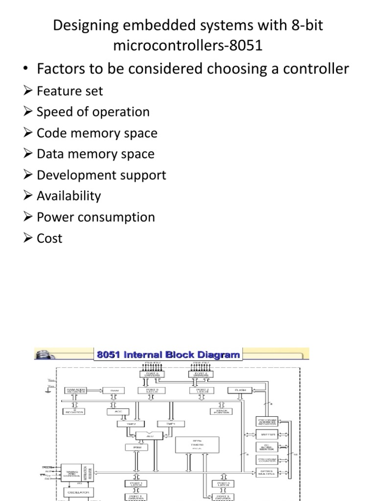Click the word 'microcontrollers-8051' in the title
(188, 46)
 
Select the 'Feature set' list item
(70, 91)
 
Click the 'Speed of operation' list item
(93, 112)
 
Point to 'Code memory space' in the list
(97, 133)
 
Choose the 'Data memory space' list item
(95, 154)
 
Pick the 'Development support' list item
(101, 175)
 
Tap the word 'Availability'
(69, 196)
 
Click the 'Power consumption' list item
(96, 217)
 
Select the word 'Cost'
(49, 238)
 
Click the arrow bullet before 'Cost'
(29, 238)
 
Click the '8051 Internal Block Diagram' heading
(168, 354)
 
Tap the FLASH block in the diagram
(239, 390)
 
